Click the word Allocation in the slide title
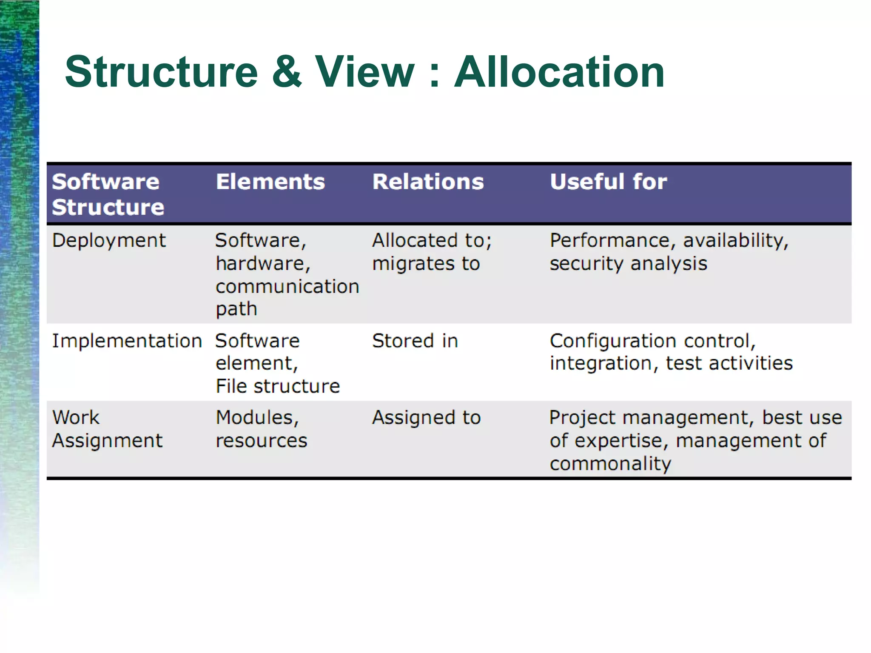(x=559, y=72)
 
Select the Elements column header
(x=270, y=182)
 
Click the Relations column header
(x=428, y=182)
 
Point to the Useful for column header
(x=608, y=182)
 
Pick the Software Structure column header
(x=108, y=194)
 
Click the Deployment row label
(x=108, y=241)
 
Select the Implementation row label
(x=127, y=341)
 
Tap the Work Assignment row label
(x=107, y=429)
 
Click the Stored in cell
(x=415, y=341)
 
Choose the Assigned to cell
(x=426, y=418)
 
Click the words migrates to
(x=426, y=264)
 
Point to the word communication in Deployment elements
(x=287, y=287)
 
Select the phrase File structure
(x=277, y=386)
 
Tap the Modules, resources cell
(x=261, y=429)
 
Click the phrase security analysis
(x=628, y=264)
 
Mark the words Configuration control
(x=652, y=341)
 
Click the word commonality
(x=610, y=464)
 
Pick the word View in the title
(x=364, y=72)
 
